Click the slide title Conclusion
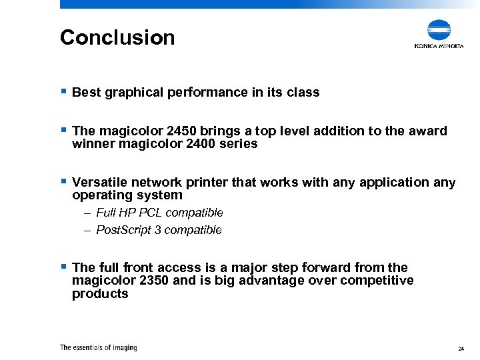[117, 37]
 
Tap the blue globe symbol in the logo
[439, 31]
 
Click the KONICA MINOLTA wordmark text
[439, 46]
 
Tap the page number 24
[461, 349]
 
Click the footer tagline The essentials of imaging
[98, 347]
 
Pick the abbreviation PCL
[151, 213]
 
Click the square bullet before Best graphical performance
[63, 92]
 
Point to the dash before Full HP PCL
[88, 213]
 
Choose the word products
[100, 293]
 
